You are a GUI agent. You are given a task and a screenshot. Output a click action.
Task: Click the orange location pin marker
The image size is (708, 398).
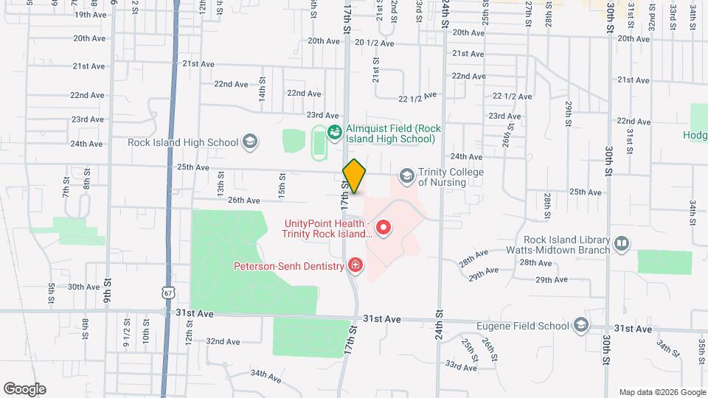click(355, 176)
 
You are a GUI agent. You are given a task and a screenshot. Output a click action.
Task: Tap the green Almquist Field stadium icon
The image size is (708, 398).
click(334, 133)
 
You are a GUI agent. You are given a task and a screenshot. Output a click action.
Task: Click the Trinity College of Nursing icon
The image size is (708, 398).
click(406, 176)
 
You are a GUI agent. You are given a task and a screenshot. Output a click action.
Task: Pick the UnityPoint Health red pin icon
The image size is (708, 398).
click(383, 228)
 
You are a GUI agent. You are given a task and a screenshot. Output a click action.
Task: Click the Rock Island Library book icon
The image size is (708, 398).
click(622, 243)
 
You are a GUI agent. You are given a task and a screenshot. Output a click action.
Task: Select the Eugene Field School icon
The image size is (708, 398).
click(581, 324)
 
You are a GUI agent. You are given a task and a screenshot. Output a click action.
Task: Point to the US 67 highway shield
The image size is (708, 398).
click(168, 293)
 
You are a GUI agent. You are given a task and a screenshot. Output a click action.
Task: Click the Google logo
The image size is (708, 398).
click(24, 389)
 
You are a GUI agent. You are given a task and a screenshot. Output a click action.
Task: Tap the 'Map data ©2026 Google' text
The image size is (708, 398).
click(662, 392)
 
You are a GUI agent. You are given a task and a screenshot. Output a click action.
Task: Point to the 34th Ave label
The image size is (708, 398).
click(265, 375)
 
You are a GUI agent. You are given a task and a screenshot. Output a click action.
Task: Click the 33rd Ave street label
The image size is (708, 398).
click(460, 366)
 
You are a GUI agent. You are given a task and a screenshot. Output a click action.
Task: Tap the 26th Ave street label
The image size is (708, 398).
click(243, 200)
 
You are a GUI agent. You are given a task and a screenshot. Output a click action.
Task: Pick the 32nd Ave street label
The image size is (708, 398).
click(223, 341)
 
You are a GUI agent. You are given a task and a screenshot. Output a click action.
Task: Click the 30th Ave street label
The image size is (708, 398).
click(83, 287)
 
